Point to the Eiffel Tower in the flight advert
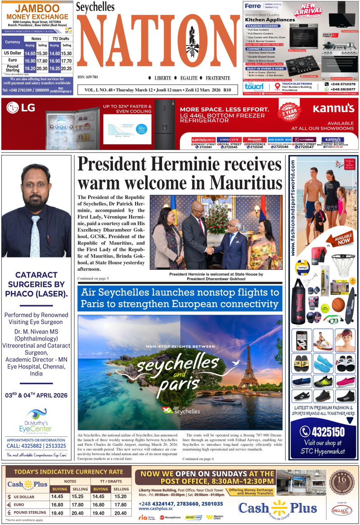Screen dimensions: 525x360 click(x=247, y=374)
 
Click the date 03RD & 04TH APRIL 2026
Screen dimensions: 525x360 click(x=36, y=395)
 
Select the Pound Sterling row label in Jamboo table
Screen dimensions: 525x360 click(x=13, y=68)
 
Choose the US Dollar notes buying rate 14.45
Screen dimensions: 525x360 click(x=57, y=496)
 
